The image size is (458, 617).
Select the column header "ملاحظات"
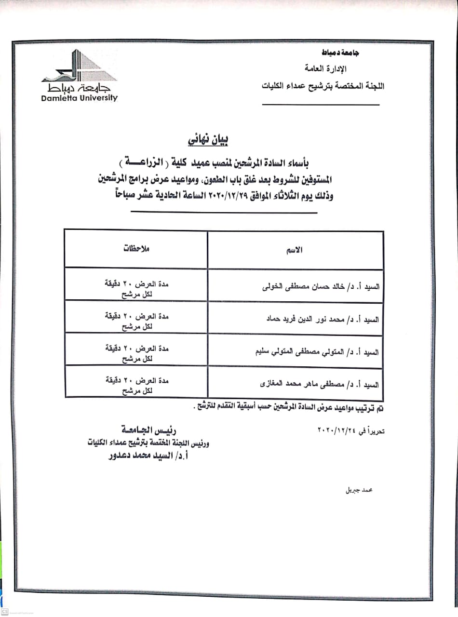(x=136, y=249)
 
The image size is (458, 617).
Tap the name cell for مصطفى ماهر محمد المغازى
(x=319, y=385)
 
